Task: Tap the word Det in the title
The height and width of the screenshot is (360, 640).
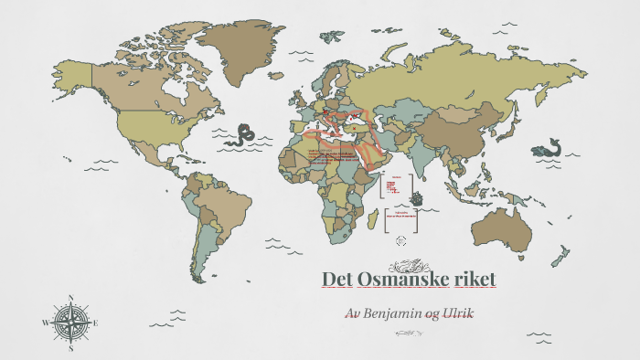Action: click(x=338, y=278)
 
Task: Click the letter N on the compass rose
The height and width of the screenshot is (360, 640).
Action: click(x=71, y=298)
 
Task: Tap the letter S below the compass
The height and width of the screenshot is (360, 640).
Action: click(x=71, y=347)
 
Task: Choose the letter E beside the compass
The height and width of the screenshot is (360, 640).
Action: click(x=96, y=323)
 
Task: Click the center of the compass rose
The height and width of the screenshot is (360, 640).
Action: click(x=71, y=323)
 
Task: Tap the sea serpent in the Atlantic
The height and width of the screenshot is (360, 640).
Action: click(x=245, y=135)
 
